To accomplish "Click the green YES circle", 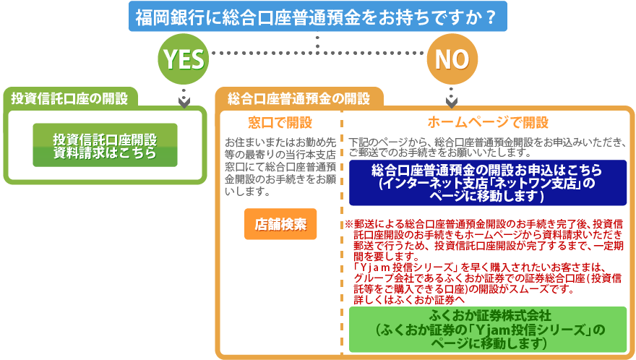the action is coord(184,59).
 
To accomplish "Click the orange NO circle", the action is coord(452,59).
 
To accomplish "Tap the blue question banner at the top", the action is coord(317,16).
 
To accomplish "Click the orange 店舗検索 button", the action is coord(280,224).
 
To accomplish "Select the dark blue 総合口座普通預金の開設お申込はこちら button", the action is coord(488,183).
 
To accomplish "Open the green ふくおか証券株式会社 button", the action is coord(488,329).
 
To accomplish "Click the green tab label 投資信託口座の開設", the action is coord(69,98).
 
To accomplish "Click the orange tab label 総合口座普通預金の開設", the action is coord(298,98).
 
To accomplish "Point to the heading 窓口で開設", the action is coord(280,122).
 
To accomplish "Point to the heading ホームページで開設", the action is coord(488,122).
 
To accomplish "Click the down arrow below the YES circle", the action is coord(184,99).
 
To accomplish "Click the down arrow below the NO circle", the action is coord(452,98).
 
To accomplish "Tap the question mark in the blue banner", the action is coord(491,17).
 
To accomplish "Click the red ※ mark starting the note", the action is coord(349,224).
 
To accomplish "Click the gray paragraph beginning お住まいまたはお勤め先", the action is coord(280,167).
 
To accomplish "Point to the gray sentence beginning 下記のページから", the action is coord(487,147).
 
